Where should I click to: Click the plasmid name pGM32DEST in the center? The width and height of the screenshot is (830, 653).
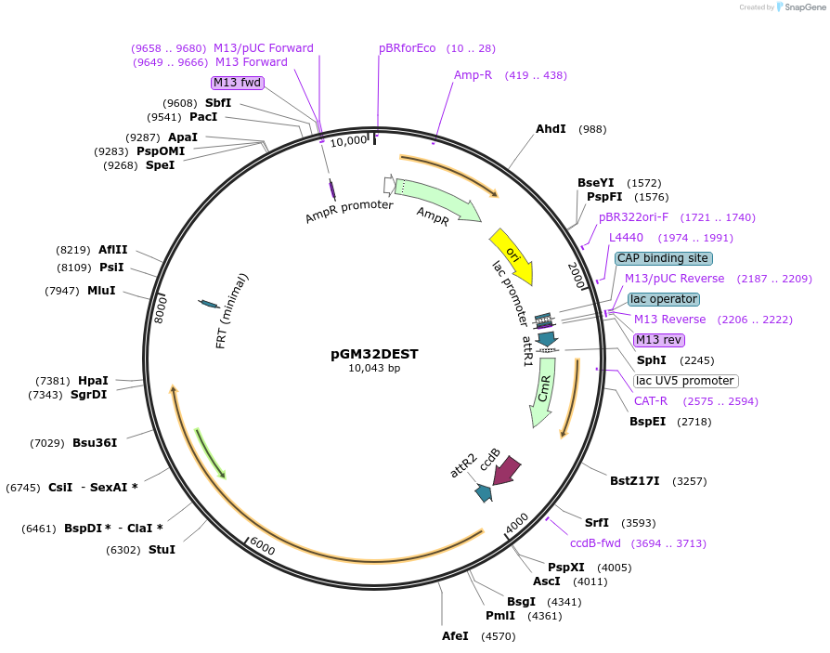[x=374, y=354]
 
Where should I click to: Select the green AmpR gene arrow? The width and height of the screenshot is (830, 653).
[x=436, y=200]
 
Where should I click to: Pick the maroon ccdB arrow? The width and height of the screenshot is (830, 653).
[x=506, y=471]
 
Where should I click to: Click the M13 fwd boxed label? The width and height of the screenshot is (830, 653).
[x=238, y=83]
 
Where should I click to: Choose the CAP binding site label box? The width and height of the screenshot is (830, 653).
[x=663, y=258]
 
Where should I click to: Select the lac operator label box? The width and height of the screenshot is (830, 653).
[x=663, y=299]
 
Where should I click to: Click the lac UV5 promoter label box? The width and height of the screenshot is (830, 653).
[x=685, y=381]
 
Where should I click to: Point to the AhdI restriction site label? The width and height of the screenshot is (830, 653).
[x=551, y=129]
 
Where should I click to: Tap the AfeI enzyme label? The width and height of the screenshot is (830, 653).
[x=460, y=636]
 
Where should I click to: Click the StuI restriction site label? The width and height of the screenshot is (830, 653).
[x=162, y=549]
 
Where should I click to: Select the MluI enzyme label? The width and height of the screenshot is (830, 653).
[x=101, y=291]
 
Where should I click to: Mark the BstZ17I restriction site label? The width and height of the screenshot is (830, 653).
[x=634, y=481]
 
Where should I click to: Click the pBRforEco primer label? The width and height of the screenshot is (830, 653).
[x=407, y=48]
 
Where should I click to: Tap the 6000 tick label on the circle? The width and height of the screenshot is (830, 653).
[x=263, y=548]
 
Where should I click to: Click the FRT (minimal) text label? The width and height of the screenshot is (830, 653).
[x=232, y=310]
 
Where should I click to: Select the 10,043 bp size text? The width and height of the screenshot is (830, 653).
[x=374, y=369]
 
